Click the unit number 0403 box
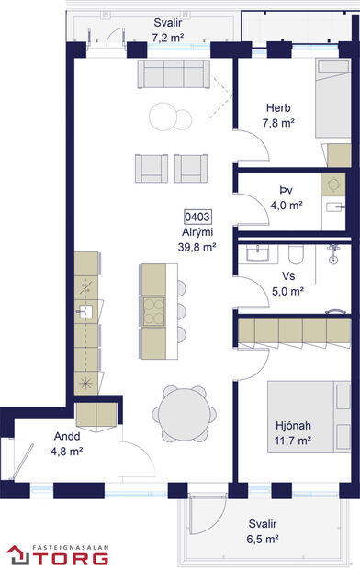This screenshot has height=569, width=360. click(197, 218)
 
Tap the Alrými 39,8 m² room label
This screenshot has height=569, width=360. click(197, 240)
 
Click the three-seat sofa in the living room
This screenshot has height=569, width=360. click(173, 73)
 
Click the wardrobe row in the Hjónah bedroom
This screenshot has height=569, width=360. click(294, 329)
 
